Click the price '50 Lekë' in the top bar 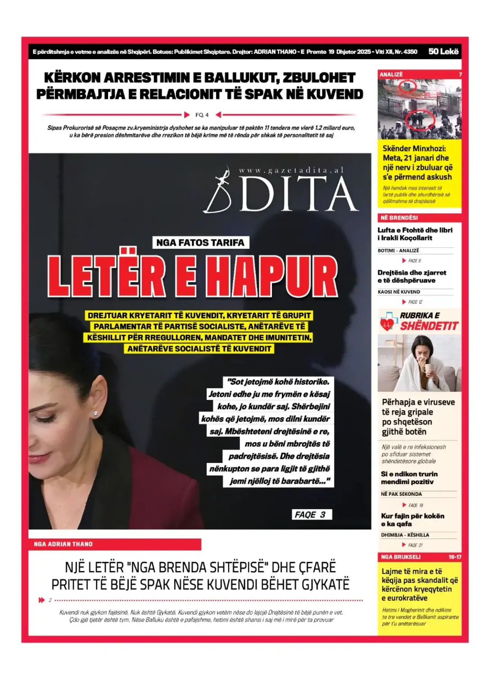tap(443, 52)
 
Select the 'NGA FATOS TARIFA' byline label tap(200, 242)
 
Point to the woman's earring tap(95, 413)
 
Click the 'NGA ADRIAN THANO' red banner tap(63, 544)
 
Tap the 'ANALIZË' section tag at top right tap(391, 75)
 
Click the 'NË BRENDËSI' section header tap(399, 218)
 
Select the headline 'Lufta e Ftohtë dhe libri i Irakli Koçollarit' tap(415, 234)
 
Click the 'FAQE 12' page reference tap(415, 302)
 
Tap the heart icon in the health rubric tap(387, 323)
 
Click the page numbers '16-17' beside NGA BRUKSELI tap(454, 557)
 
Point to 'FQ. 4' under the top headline tap(202, 115)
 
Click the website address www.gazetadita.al tap(291, 170)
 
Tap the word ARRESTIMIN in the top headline tap(146, 78)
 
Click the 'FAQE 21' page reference tap(415, 545)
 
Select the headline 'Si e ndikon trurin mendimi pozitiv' tap(409, 478)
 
